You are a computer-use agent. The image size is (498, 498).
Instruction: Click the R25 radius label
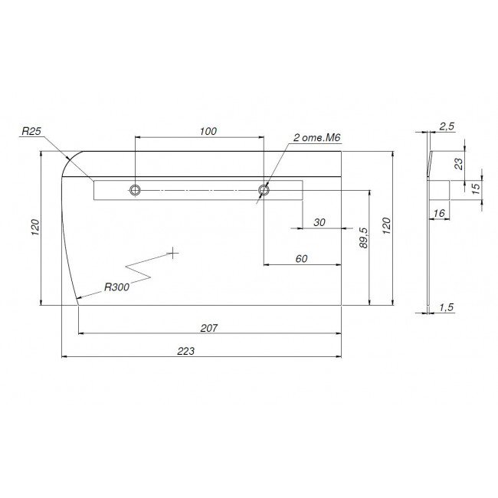pos(31,131)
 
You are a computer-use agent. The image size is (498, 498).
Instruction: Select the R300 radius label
pos(117,287)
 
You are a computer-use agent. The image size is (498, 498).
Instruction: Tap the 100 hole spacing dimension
pos(208,131)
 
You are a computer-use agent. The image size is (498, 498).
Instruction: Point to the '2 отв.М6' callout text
pos(316,137)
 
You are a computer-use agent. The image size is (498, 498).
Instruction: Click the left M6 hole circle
pos(136,190)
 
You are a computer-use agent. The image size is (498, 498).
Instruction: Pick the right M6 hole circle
pos(264,190)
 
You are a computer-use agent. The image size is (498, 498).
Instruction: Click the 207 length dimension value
pos(209,327)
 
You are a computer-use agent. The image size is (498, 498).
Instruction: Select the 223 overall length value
pos(186,351)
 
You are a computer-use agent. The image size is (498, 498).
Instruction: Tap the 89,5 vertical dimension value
pos(364,238)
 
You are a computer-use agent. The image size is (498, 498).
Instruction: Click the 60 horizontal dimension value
pos(301,258)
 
